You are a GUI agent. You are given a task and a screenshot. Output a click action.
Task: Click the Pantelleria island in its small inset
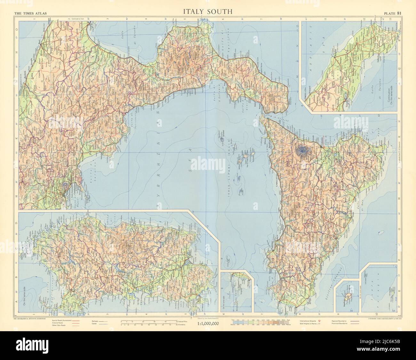348,294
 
